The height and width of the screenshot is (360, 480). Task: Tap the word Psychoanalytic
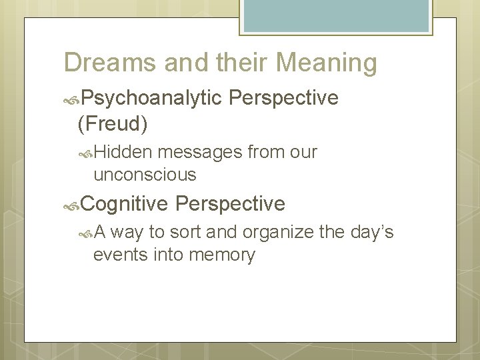(151, 98)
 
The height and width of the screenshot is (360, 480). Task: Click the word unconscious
(145, 175)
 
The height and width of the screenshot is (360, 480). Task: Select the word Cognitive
(125, 203)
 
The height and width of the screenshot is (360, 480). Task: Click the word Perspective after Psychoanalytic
(283, 98)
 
